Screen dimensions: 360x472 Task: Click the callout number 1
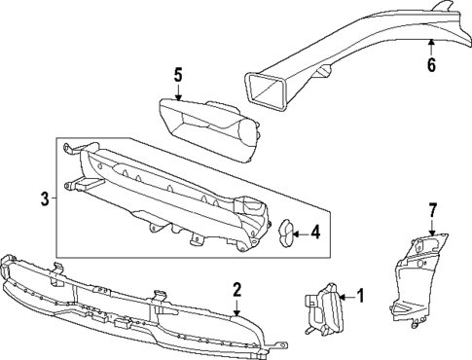(360, 297)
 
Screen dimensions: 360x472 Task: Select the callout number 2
(236, 289)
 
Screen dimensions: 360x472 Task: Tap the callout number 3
(45, 200)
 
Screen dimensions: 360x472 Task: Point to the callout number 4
(315, 232)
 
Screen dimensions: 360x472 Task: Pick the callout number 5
(178, 73)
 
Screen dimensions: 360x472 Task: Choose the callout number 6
(431, 65)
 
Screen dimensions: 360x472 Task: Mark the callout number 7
(433, 209)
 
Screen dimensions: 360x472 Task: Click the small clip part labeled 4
(285, 232)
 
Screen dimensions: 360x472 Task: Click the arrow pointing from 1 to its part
(345, 297)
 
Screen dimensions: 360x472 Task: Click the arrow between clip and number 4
(300, 232)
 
